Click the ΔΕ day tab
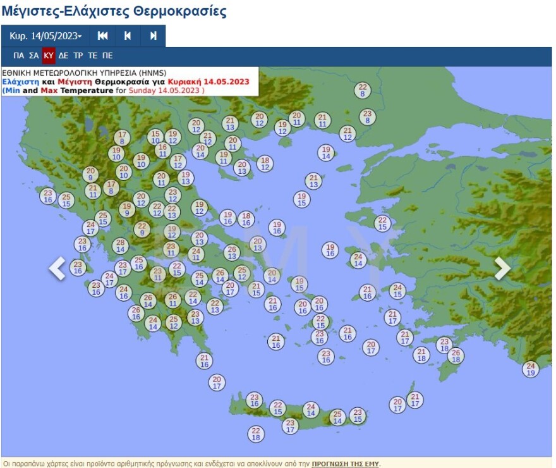63,56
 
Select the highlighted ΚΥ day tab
49,56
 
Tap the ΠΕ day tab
107,56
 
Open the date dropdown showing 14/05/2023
45,36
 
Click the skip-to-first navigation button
102,36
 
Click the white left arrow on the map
57,268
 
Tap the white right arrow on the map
502,268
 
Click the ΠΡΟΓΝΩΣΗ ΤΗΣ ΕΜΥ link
344,464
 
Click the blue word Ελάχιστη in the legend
20,82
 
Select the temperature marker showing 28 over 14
120,246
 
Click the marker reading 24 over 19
531,369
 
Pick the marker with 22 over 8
362,90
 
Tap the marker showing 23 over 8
367,117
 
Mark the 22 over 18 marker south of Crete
255,434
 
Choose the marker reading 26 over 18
455,355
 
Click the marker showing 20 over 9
90,175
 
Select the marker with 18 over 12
265,164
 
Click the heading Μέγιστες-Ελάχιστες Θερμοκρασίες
114,11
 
